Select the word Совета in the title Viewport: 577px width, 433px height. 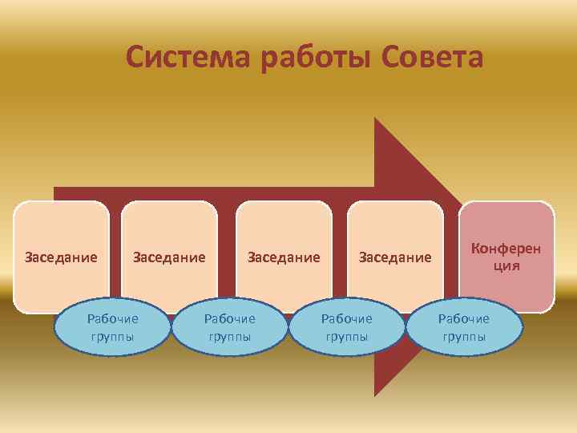pyautogui.click(x=433, y=58)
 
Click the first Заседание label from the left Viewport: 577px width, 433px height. pyautogui.click(x=61, y=257)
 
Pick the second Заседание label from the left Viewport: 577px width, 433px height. pyautogui.click(x=169, y=257)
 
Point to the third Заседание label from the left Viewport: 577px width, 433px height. pyautogui.click(x=284, y=257)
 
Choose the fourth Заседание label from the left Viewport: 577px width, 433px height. pyautogui.click(x=395, y=257)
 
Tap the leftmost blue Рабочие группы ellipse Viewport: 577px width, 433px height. pyautogui.click(x=113, y=327)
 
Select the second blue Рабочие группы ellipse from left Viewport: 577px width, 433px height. pyautogui.click(x=230, y=327)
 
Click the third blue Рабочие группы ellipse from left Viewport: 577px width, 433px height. pyautogui.click(x=347, y=327)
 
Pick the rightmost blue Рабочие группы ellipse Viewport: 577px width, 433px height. pyautogui.click(x=464, y=327)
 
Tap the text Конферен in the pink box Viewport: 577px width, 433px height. pyautogui.click(x=506, y=249)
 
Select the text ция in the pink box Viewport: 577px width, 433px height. pyautogui.click(x=506, y=265)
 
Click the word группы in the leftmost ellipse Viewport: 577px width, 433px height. pyautogui.click(x=113, y=337)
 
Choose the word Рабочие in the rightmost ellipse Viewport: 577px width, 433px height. pyautogui.click(x=464, y=318)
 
